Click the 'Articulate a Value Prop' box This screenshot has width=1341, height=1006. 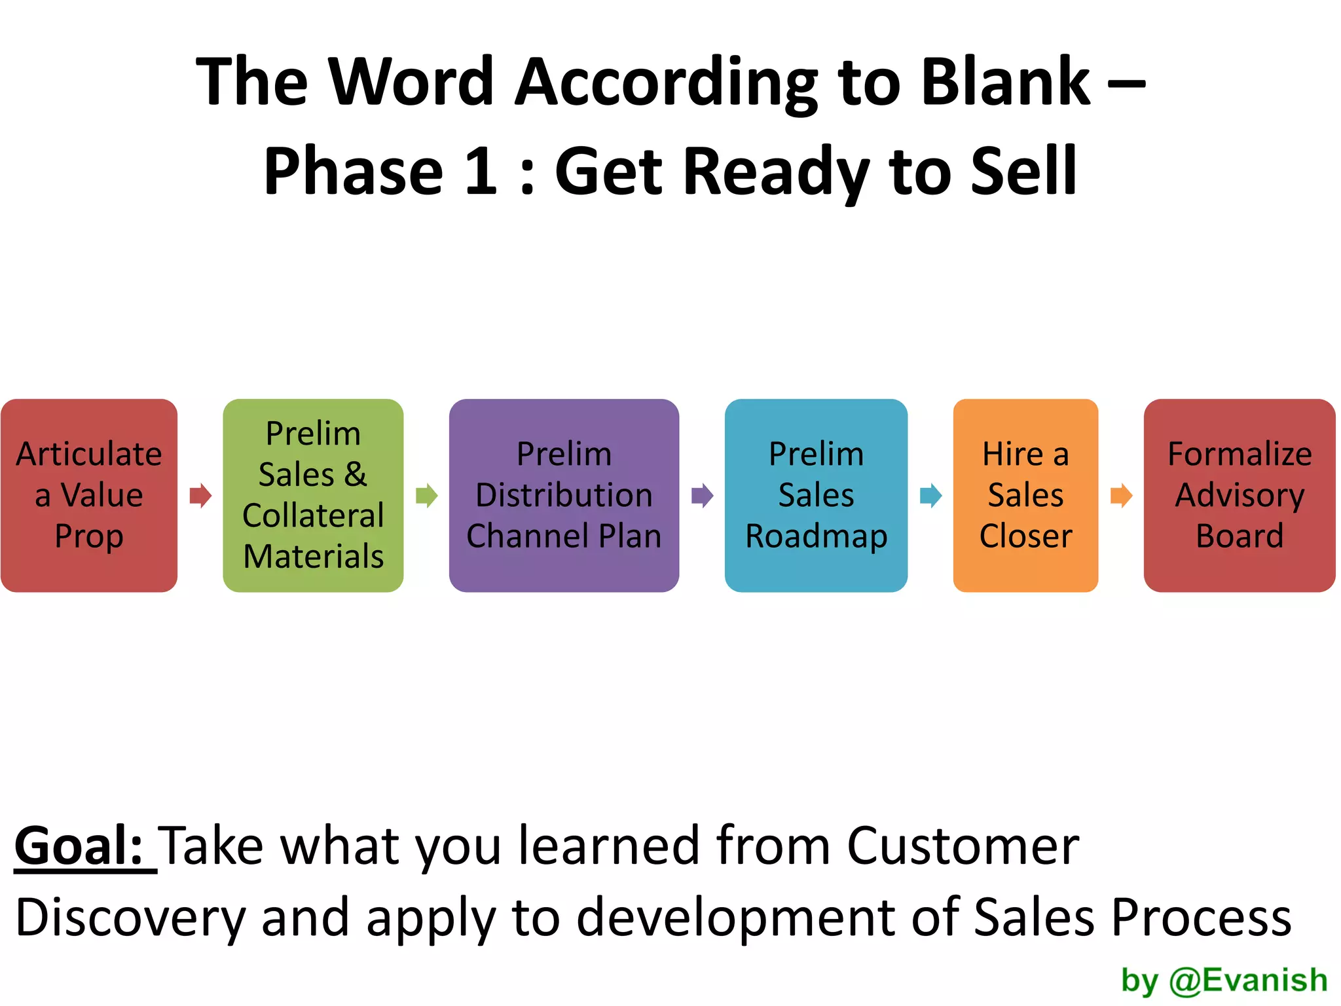point(89,495)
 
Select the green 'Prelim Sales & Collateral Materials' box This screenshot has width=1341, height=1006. point(313,495)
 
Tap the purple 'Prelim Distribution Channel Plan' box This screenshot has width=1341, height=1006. point(564,495)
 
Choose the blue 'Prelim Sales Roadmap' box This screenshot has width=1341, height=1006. point(816,495)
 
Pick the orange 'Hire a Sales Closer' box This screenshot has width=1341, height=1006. point(1025,495)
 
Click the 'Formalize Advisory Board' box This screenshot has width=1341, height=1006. point(1239,495)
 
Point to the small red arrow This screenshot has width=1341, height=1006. point(200,496)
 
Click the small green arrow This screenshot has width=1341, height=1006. point(426,496)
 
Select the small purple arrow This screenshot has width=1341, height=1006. point(702,496)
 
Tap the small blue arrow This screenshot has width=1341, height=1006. point(930,496)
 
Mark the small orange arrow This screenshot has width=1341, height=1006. point(1121,496)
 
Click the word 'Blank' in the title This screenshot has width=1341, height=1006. point(1005,82)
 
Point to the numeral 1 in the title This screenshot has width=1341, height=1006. point(481,172)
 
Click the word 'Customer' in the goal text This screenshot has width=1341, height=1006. point(963,846)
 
